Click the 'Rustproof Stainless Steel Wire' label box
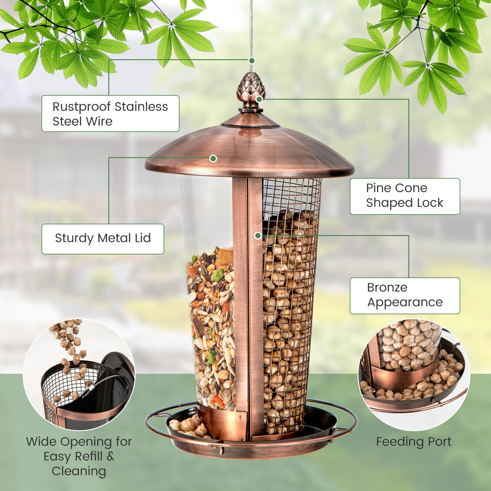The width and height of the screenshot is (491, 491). click(x=110, y=114)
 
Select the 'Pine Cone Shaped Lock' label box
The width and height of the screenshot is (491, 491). click(x=405, y=196)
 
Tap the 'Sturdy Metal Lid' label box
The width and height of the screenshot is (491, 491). click(x=102, y=239)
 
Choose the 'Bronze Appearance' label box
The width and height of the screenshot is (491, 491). click(x=405, y=296)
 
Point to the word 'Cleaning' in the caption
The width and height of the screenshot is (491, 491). click(x=79, y=471)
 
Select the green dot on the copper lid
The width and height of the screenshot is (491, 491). click(x=213, y=158)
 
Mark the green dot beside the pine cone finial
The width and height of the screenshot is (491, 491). click(x=259, y=99)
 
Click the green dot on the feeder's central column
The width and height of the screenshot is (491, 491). click(x=258, y=235)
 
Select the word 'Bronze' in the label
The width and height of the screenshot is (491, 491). click(x=387, y=288)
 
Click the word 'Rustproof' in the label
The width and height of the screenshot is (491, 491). click(x=82, y=107)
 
